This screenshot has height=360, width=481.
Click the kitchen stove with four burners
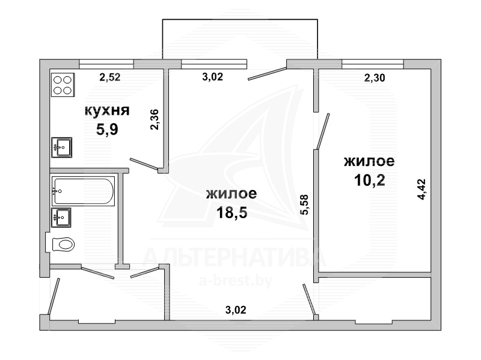(x=63, y=85)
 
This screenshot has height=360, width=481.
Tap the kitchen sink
(x=62, y=147)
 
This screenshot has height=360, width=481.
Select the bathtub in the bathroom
(x=83, y=191)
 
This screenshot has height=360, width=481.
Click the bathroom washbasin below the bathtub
(x=61, y=218)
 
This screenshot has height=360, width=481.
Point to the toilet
(x=61, y=245)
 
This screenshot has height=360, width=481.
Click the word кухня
(x=107, y=111)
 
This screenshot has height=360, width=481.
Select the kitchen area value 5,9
(x=107, y=129)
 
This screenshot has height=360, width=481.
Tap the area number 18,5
(x=231, y=212)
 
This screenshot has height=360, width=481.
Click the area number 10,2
(x=369, y=180)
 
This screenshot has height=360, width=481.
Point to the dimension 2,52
(x=110, y=77)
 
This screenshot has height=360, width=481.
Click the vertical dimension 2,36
(x=155, y=120)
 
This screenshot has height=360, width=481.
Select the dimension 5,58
(x=304, y=205)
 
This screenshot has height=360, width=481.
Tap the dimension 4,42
(x=422, y=189)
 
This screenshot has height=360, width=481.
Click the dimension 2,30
(x=374, y=78)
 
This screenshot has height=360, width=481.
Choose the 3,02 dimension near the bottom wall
(x=236, y=310)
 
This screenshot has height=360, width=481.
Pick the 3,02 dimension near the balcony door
(x=213, y=77)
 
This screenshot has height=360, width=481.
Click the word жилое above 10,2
(x=369, y=161)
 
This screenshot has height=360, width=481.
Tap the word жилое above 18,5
(x=231, y=194)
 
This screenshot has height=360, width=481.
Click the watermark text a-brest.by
(x=236, y=281)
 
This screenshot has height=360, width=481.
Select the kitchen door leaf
(x=144, y=163)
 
